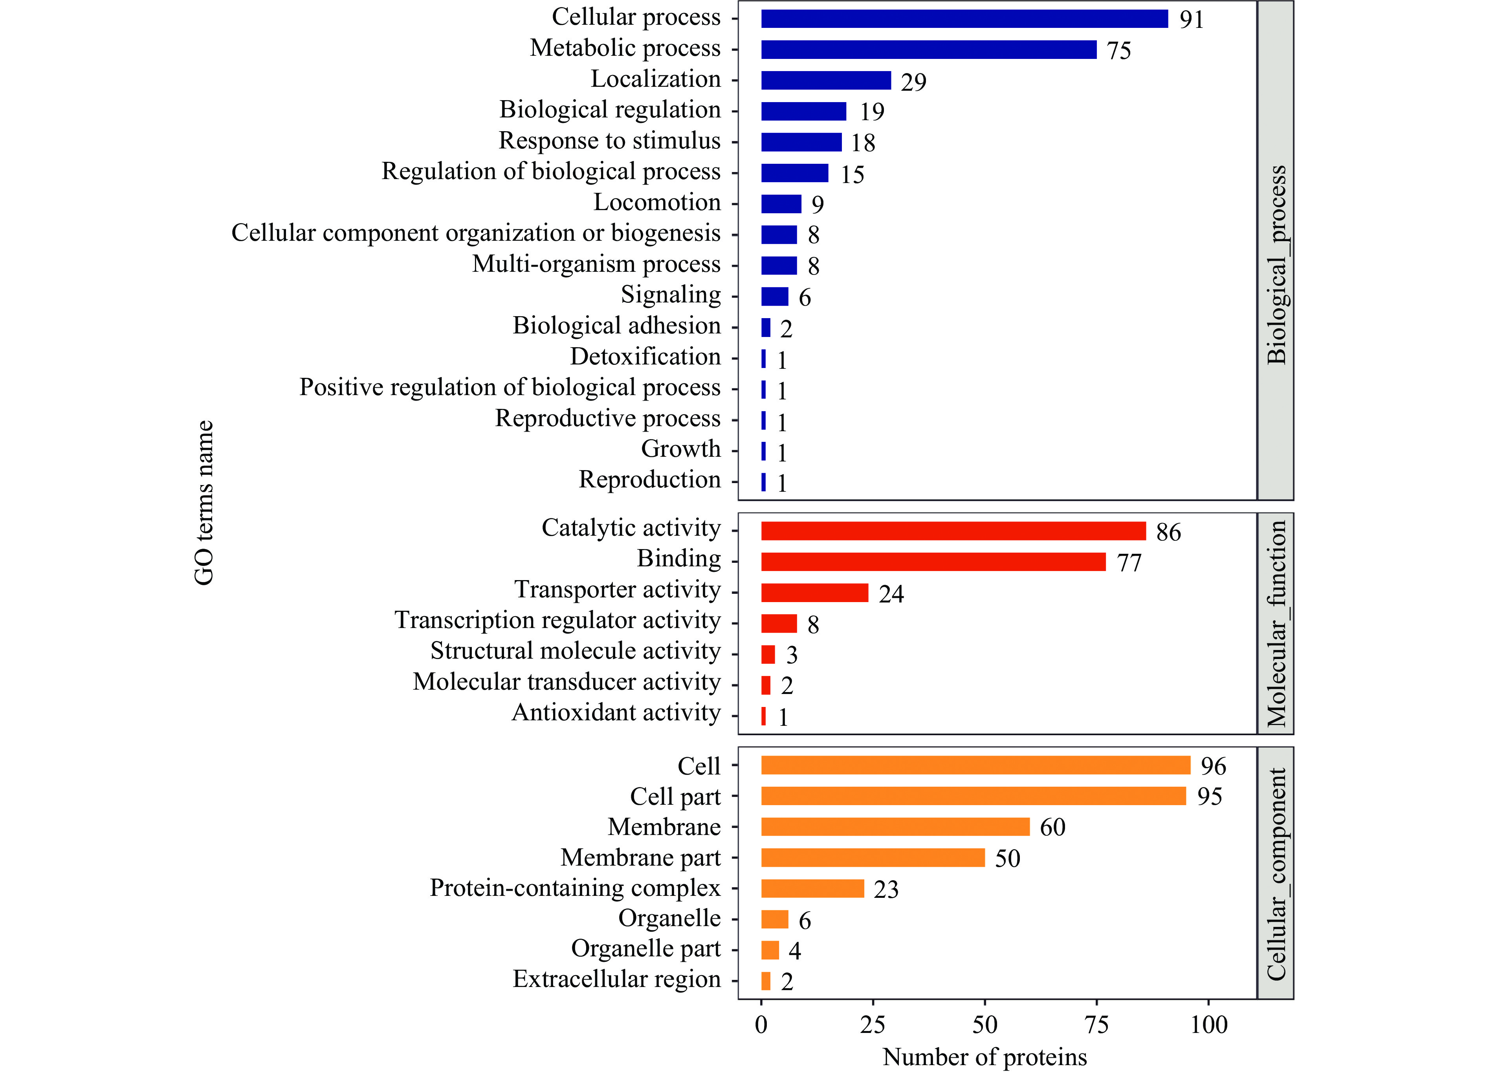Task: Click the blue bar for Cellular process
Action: [x=964, y=19]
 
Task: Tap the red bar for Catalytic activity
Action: [x=953, y=531]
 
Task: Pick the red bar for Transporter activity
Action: [x=814, y=593]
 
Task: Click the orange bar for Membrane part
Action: [x=873, y=858]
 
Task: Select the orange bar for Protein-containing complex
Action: [x=812, y=888]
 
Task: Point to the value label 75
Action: [x=1119, y=50]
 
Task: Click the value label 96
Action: [x=1213, y=766]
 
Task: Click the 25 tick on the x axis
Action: [x=873, y=1025]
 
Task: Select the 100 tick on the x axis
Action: [x=1209, y=1025]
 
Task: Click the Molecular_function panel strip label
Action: [x=1276, y=623]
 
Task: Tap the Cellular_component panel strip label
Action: [x=1276, y=874]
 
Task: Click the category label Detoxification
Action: [x=645, y=357]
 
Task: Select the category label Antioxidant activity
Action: [x=616, y=712]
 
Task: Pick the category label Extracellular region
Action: [x=616, y=980]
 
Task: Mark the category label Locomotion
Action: [x=657, y=202]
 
